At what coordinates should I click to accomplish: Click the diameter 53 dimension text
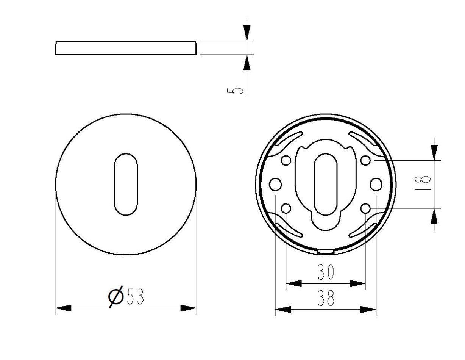pyautogui.click(x=126, y=296)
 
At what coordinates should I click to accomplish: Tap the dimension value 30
pyautogui.click(x=326, y=272)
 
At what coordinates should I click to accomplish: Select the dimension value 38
pyautogui.click(x=326, y=298)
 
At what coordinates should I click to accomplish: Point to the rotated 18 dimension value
pyautogui.click(x=422, y=182)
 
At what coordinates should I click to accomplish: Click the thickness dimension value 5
pyautogui.click(x=235, y=91)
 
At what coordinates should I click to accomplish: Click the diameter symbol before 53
pyautogui.click(x=116, y=296)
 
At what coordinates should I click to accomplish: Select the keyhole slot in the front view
pyautogui.click(x=126, y=184)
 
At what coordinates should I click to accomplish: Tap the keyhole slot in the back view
pyautogui.click(x=326, y=184)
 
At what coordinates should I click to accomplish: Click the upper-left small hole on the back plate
pyautogui.click(x=286, y=160)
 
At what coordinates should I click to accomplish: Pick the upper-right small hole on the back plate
pyautogui.click(x=365, y=160)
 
